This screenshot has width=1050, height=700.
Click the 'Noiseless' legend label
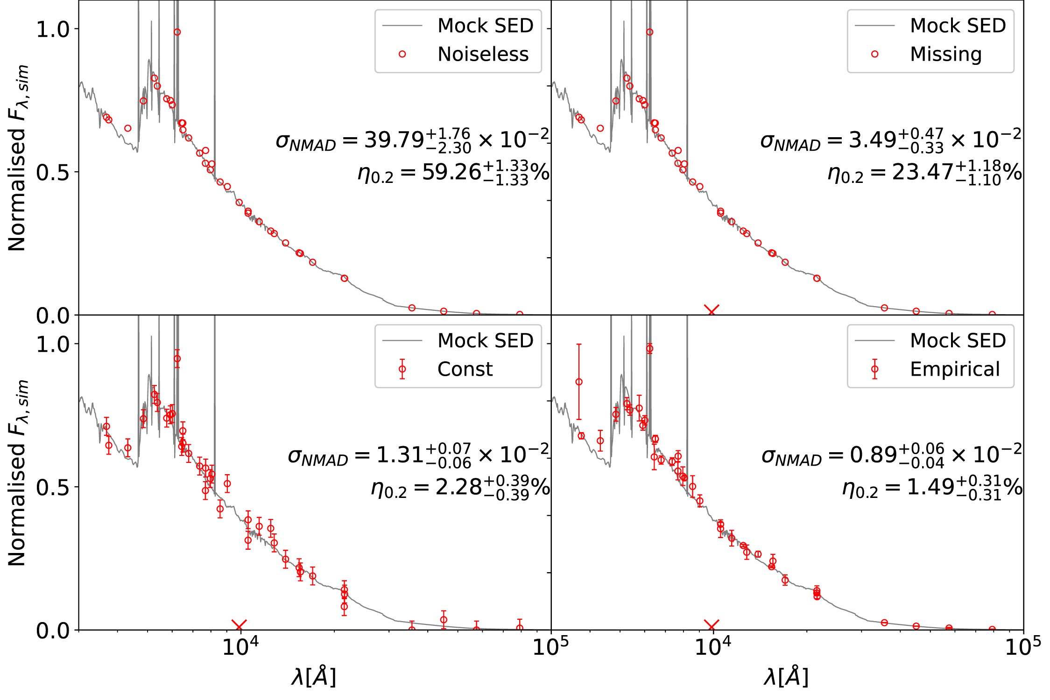[x=483, y=55]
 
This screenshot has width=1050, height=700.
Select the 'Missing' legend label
[x=946, y=55]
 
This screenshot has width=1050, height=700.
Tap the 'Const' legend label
[x=465, y=369]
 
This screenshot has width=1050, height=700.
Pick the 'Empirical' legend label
[x=955, y=369]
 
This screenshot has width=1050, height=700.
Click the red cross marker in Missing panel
[x=712, y=310]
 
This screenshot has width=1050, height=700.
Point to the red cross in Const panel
[x=239, y=626]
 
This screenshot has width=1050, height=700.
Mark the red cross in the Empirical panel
[x=712, y=626]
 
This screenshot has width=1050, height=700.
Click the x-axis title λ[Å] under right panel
[x=786, y=677]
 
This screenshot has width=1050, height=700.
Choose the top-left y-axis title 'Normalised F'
[x=18, y=159]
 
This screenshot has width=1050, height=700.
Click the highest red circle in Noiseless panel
[x=177, y=32]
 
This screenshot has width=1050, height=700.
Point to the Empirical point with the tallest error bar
[x=579, y=382]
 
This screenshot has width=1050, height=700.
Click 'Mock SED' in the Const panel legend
[x=485, y=341]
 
